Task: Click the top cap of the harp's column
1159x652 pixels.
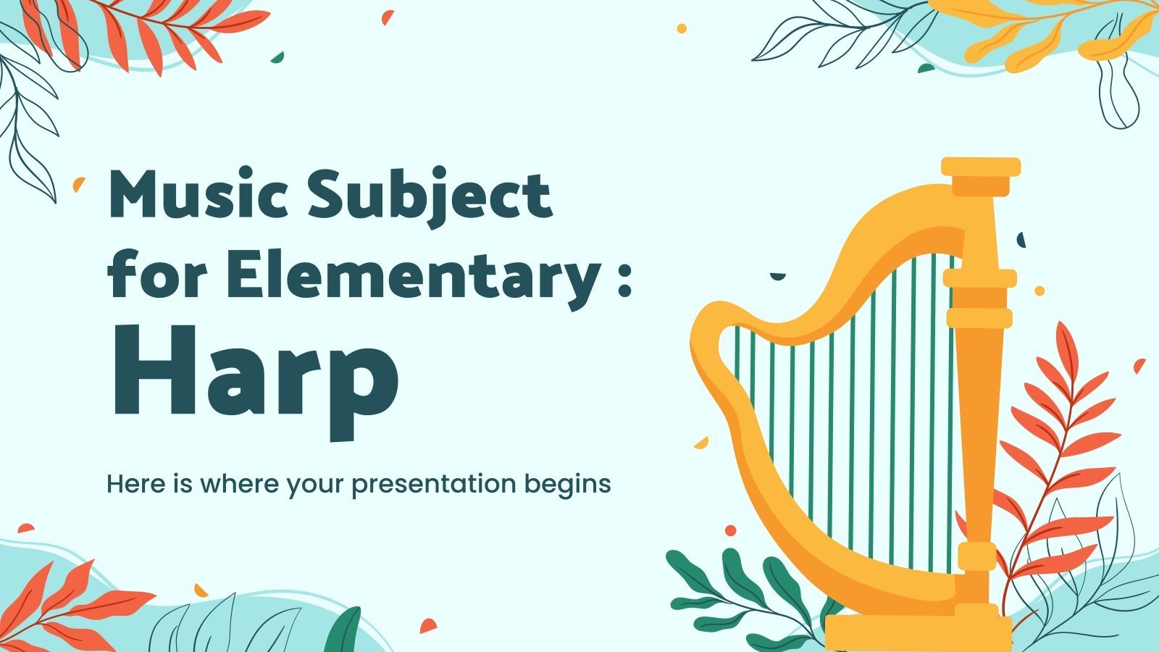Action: [x=980, y=169]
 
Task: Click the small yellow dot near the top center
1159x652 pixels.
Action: [x=682, y=28]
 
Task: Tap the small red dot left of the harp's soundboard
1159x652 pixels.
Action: [x=730, y=530]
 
